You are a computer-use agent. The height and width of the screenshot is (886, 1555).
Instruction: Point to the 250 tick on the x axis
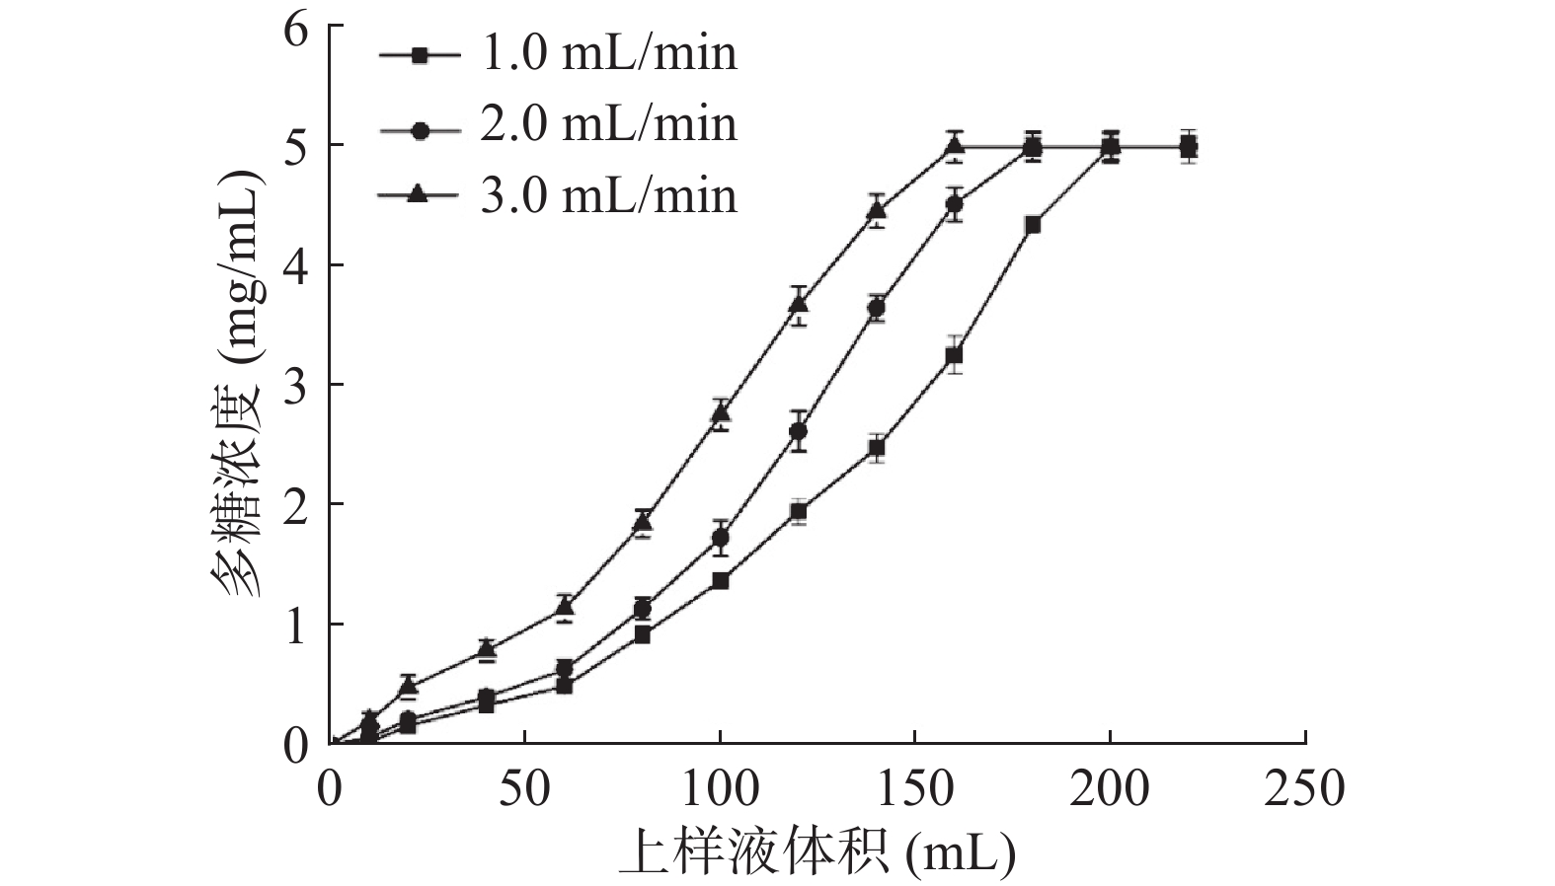pyautogui.click(x=1304, y=790)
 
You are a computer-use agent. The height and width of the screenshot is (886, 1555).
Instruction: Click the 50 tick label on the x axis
pyautogui.click(x=524, y=790)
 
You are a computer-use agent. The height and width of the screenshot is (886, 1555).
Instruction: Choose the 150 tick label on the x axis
pyautogui.click(x=914, y=790)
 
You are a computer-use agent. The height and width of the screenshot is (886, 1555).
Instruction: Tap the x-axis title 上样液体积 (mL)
pyautogui.click(x=817, y=854)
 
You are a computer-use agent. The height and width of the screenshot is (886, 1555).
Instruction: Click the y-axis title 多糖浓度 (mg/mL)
pyautogui.click(x=238, y=385)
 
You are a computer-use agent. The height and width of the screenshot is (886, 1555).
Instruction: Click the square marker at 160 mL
pyautogui.click(x=954, y=355)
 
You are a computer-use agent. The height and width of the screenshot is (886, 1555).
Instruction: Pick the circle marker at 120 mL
pyautogui.click(x=799, y=431)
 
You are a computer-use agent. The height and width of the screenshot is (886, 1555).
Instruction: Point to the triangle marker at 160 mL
pyautogui.click(x=954, y=146)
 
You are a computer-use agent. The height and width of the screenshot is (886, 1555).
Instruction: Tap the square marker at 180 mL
pyautogui.click(x=1033, y=225)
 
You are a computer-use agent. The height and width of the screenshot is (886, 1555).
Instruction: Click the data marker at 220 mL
pyautogui.click(x=1189, y=148)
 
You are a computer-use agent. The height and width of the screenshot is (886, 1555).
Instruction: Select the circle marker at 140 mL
pyautogui.click(x=876, y=308)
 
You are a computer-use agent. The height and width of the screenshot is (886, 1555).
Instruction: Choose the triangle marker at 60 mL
pyautogui.click(x=565, y=605)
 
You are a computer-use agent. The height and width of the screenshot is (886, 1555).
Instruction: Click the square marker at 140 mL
pyautogui.click(x=876, y=448)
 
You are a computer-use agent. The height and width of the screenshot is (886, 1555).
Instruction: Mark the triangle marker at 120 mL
pyautogui.click(x=799, y=304)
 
